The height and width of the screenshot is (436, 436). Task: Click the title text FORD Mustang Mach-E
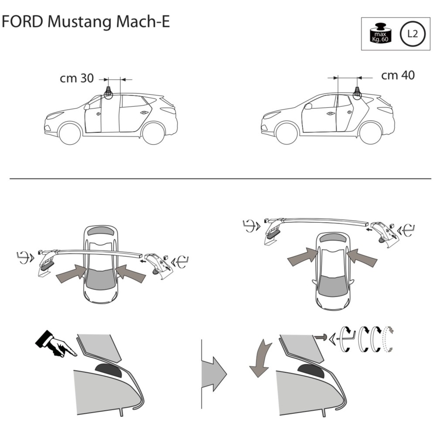tap(85, 22)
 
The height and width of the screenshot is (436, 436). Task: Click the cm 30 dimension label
tap(77, 78)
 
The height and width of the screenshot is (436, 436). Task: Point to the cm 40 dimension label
tap(398, 75)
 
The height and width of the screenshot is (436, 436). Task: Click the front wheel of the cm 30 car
tap(70, 133)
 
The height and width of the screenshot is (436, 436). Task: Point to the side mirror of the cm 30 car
tap(87, 106)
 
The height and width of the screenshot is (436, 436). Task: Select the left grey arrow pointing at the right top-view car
tap(302, 257)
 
